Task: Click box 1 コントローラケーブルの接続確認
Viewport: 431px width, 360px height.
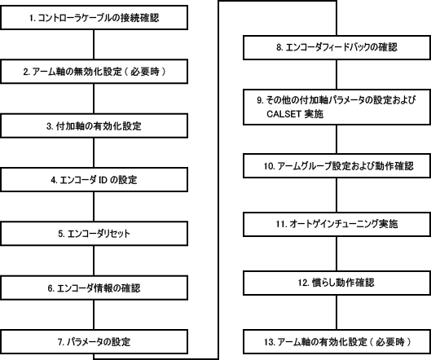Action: (x=94, y=17)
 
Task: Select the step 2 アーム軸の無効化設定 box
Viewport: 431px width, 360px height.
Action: (x=94, y=72)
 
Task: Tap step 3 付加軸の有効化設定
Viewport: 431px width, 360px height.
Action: (x=94, y=125)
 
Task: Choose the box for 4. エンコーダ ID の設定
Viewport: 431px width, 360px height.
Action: (x=94, y=180)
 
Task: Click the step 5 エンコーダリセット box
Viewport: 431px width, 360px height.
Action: (x=94, y=234)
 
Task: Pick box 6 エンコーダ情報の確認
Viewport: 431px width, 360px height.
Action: (x=94, y=288)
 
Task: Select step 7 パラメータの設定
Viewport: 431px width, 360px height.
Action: (x=94, y=341)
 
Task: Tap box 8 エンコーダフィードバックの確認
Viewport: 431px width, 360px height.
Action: (x=337, y=47)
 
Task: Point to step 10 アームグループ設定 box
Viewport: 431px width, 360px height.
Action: (x=337, y=165)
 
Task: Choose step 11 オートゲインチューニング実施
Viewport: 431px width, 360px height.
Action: (x=337, y=224)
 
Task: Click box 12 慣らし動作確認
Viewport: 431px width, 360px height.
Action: (x=337, y=283)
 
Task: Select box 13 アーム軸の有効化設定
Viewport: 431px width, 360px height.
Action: (x=337, y=342)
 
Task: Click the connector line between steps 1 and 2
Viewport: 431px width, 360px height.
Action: (x=94, y=44)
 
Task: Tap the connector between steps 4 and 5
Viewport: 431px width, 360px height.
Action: (x=94, y=207)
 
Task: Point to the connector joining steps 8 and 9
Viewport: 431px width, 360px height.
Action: (x=336, y=74)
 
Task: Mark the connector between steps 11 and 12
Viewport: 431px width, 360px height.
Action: (x=336, y=253)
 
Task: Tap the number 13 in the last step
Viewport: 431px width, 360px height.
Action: (x=268, y=342)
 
